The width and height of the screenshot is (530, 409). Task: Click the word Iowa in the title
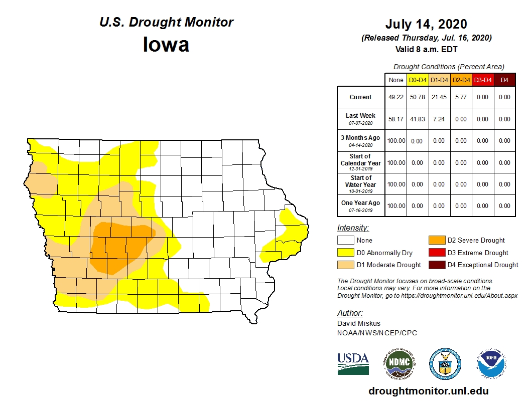(x=166, y=45)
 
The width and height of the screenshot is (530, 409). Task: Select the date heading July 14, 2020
(x=426, y=24)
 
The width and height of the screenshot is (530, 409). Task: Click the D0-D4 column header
(x=418, y=80)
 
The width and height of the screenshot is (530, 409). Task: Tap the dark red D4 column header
(x=504, y=80)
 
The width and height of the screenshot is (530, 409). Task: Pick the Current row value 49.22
(x=396, y=97)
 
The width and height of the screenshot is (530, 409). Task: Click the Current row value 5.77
(x=461, y=97)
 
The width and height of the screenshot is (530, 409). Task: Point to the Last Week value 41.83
(x=418, y=119)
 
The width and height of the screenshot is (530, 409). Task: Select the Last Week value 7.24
(x=439, y=119)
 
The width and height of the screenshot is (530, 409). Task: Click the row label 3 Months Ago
(x=361, y=138)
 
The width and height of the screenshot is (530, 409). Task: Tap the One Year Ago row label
(x=361, y=203)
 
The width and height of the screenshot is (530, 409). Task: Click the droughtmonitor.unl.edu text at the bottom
(x=428, y=391)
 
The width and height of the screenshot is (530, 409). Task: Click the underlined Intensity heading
(x=353, y=228)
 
